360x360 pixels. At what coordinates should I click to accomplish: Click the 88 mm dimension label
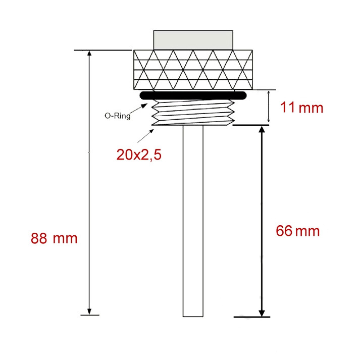click(x=54, y=238)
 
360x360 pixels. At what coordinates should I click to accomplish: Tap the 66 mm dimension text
click(x=297, y=231)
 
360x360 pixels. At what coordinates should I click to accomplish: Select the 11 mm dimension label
click(x=301, y=108)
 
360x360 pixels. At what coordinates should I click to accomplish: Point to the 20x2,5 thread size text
click(x=139, y=155)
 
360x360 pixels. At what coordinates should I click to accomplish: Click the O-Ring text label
click(x=118, y=116)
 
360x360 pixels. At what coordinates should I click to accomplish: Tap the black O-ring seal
click(x=193, y=95)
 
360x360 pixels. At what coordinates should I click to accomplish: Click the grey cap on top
click(x=193, y=40)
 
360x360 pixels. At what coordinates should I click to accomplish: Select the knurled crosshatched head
click(x=193, y=70)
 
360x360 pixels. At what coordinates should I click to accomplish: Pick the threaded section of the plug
click(x=193, y=113)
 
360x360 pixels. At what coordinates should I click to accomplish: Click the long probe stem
click(x=193, y=221)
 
